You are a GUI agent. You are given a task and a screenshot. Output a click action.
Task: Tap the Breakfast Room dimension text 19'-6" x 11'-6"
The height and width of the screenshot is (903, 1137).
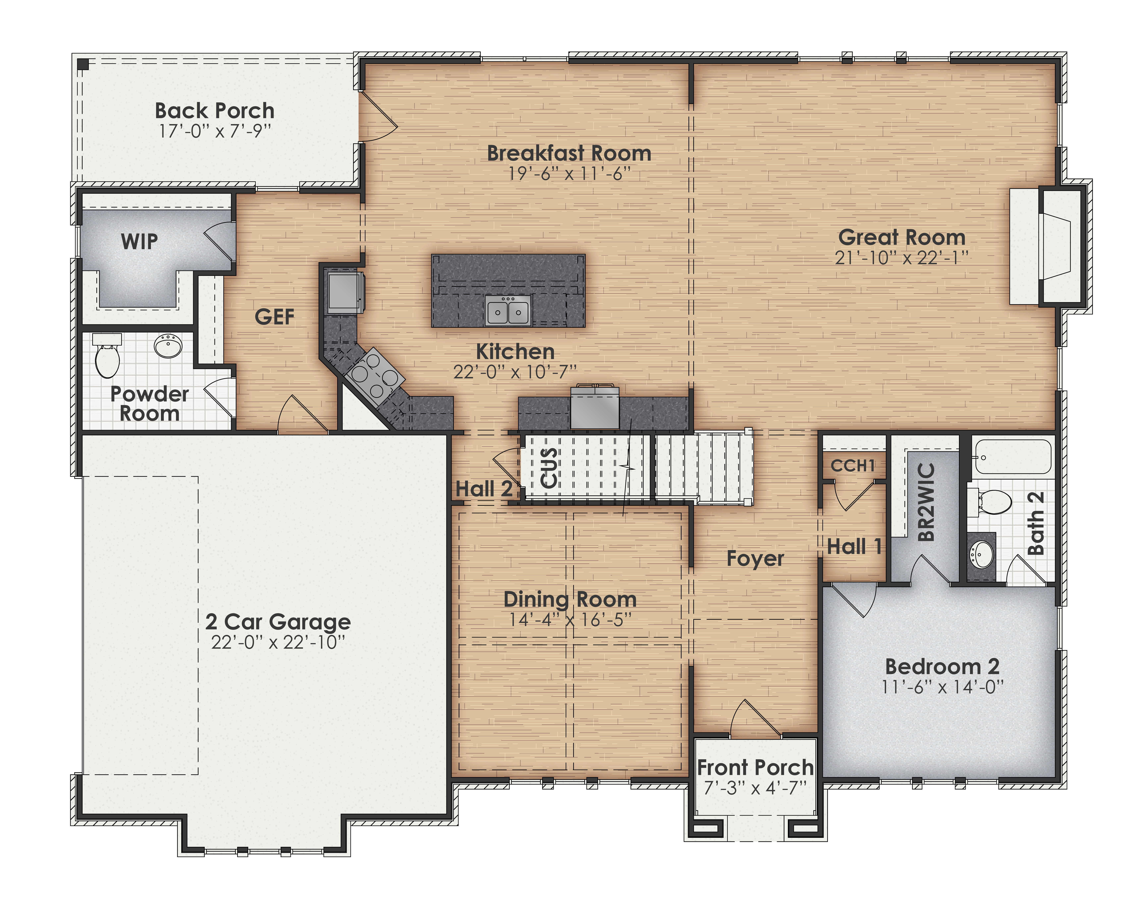pyautogui.click(x=569, y=173)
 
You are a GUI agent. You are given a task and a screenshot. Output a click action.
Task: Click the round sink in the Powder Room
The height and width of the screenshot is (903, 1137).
pyautogui.click(x=168, y=346)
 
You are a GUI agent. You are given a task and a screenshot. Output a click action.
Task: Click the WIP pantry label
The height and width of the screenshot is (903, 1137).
pyautogui.click(x=139, y=242)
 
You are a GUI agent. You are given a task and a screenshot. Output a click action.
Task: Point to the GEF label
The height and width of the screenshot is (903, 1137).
pyautogui.click(x=274, y=317)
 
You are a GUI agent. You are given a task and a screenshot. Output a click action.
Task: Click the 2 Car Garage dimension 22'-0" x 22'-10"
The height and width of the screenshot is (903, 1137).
pyautogui.click(x=278, y=642)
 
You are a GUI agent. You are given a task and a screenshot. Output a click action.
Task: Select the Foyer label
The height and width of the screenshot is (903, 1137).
pyautogui.click(x=755, y=558)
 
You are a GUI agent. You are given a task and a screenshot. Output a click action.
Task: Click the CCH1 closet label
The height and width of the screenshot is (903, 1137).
pyautogui.click(x=853, y=466)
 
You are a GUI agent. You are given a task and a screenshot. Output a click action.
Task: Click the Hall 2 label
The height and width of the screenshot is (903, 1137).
pyautogui.click(x=484, y=489)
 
